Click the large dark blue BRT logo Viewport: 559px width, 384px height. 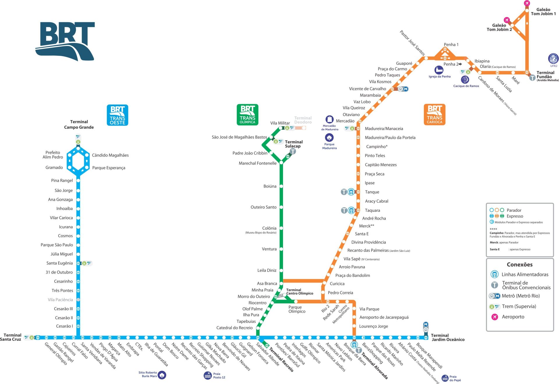[65, 41]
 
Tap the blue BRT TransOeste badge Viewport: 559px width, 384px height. [117, 115]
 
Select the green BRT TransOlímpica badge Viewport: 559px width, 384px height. [247, 115]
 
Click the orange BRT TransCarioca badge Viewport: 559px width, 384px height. [434, 115]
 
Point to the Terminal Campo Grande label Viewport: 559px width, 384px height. [79, 124]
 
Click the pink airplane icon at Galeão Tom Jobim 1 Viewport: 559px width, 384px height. [527, 3]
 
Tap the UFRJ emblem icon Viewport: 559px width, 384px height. [553, 59]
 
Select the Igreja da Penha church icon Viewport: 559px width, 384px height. [439, 70]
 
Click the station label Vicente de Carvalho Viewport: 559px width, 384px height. [367, 89]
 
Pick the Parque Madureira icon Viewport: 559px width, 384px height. [329, 138]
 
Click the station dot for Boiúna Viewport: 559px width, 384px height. [281, 186]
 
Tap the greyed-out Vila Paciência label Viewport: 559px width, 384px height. [60, 300]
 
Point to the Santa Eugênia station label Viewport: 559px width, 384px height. [59, 263]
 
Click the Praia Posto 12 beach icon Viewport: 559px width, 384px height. [208, 375]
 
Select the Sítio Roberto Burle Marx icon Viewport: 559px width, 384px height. [162, 375]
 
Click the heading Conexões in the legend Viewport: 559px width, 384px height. [519, 265]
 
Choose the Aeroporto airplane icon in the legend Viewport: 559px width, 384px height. [494, 317]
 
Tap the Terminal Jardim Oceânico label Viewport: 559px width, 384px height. [447, 337]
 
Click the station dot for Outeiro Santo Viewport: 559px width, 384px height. [281, 207]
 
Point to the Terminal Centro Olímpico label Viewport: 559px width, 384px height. [300, 292]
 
